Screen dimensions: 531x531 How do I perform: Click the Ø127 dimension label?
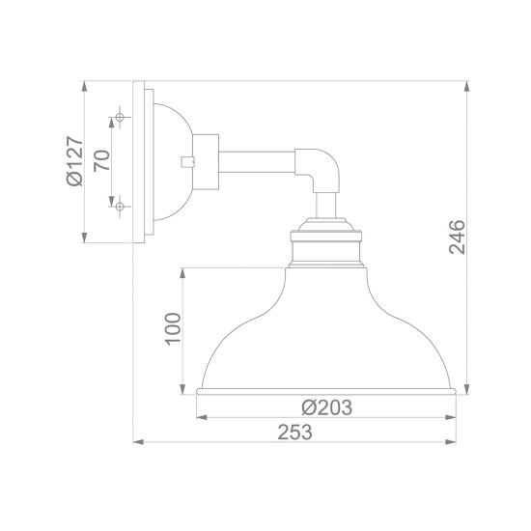coord(74,161)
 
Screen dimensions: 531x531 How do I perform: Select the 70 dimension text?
coord(101,160)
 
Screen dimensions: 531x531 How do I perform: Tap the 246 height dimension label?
coord(457,238)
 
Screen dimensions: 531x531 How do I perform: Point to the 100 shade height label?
coord(173,329)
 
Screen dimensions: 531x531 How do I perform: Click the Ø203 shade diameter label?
coord(326,407)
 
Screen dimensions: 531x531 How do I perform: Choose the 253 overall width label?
coord(295,433)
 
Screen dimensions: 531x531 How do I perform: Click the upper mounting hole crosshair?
coord(120,117)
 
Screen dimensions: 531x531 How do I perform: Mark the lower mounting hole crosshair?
coord(120,206)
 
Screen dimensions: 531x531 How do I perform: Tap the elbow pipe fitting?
coord(319,169)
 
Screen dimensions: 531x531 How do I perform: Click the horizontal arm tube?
coord(257,162)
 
